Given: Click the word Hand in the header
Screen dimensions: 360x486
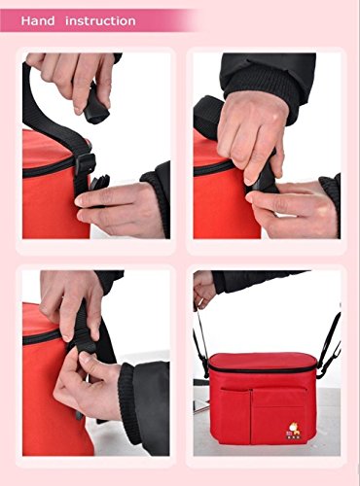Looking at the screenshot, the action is coord(38,21).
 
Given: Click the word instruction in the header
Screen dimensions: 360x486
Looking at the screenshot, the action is coord(100,21).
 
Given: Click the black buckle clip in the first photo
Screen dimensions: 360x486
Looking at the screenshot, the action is coord(86,164).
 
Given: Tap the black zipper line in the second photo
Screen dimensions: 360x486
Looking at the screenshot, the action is coord(213,168).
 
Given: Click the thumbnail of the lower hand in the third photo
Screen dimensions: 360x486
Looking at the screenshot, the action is coord(86,358).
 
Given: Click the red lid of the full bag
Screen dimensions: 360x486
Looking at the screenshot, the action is coord(263,361).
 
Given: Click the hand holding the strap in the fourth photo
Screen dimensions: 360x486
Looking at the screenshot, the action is coord(204,289).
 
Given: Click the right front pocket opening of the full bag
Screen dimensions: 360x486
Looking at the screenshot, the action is coord(279,389).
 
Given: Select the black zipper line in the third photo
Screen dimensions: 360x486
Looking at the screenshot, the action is coord(42,336).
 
